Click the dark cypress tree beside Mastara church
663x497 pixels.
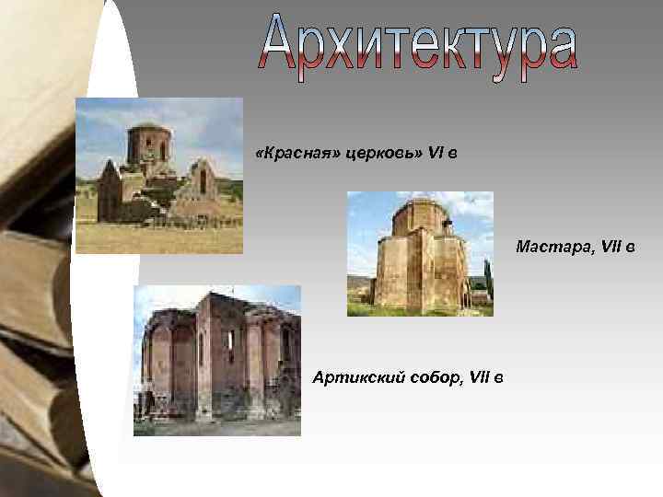[x=487, y=281]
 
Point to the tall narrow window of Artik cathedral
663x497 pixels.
[x=230, y=346]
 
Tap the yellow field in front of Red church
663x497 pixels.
[x=157, y=238]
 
